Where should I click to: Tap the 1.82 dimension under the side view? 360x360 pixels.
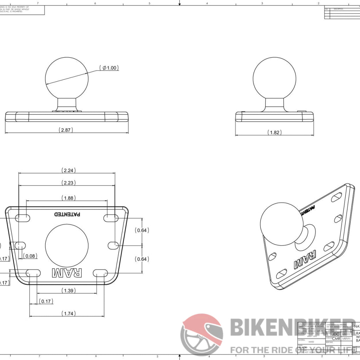[275, 132]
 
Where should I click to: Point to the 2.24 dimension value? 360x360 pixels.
[69, 171]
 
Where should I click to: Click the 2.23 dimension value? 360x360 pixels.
[69, 182]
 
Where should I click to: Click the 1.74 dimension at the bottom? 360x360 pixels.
[69, 313]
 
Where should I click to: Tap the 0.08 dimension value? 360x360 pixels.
[31, 256]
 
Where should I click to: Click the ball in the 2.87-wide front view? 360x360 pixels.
[66, 79]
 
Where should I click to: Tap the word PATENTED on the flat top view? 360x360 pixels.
[67, 214]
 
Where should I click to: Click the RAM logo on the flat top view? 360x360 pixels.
[67, 272]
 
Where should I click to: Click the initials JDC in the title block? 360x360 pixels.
[336, 334]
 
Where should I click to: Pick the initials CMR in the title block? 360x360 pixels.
[336, 339]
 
